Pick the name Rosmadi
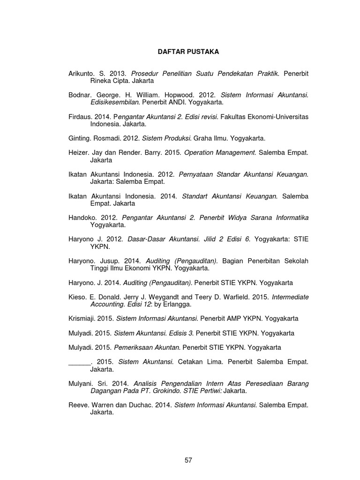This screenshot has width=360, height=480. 108,138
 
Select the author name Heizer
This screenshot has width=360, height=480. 78,153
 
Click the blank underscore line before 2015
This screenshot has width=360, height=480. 79,362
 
